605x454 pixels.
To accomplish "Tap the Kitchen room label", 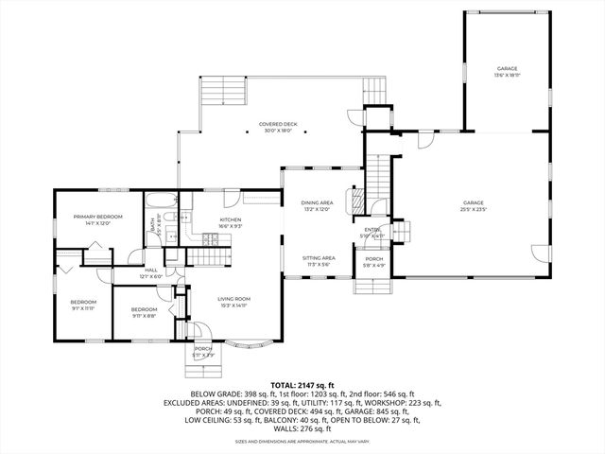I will pos(231,193).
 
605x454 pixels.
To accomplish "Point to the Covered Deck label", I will pos(279,124).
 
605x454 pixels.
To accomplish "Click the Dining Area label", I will pos(317,203).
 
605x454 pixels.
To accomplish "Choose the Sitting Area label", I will pos(318,257).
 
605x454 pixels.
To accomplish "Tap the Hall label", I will pos(150,270).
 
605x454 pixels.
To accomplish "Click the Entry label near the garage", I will pos(372,230).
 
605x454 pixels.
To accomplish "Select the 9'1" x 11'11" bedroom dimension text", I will pos(83,307).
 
